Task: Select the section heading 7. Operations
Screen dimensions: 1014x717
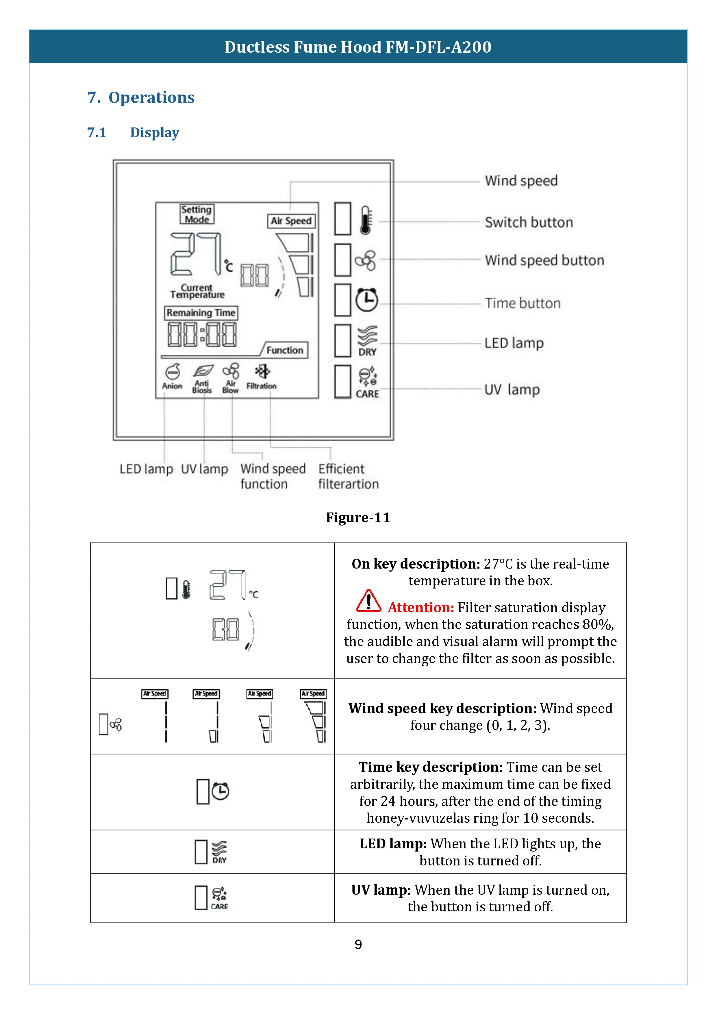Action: tap(141, 97)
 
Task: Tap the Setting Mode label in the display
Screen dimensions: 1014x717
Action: tap(197, 214)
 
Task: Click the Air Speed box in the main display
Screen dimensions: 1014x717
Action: tap(291, 221)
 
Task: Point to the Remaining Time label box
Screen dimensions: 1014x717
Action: tap(201, 313)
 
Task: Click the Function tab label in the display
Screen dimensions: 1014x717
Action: tap(285, 350)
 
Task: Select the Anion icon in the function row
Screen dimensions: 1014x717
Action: tap(172, 372)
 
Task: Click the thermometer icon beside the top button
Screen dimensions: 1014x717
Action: tap(366, 219)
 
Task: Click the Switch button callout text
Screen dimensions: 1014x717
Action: tap(529, 222)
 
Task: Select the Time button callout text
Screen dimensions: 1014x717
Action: tap(522, 303)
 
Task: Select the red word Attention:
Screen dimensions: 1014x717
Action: tap(421, 608)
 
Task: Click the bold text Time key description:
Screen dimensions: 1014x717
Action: tap(431, 767)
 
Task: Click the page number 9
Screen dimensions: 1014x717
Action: tap(358, 944)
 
